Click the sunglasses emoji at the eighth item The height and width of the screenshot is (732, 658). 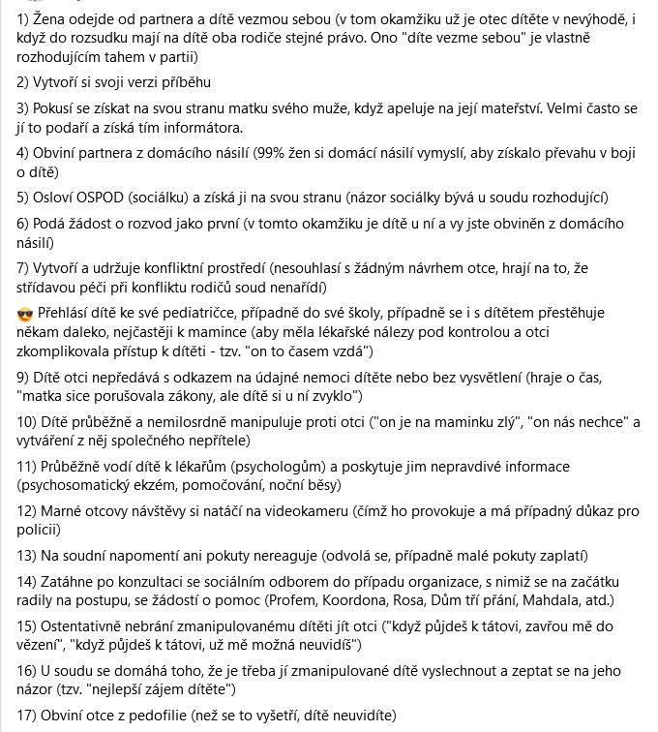(x=25, y=315)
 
